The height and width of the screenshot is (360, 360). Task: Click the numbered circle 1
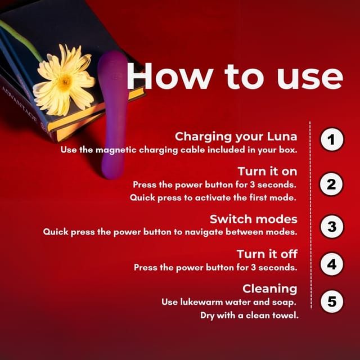tap(332, 139)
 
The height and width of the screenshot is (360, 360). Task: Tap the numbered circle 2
tap(331, 184)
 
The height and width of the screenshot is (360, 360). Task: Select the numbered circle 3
tap(332, 226)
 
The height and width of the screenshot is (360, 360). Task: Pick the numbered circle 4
tap(332, 264)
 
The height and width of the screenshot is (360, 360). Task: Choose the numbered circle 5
tap(332, 301)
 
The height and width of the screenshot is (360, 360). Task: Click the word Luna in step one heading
tap(282, 136)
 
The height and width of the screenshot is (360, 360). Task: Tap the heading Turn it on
tap(267, 171)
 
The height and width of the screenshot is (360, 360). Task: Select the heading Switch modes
tap(254, 219)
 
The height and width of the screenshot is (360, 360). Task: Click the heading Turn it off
tap(267, 254)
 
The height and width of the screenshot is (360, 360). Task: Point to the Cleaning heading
tap(270, 289)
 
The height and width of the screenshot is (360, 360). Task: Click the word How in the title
tap(170, 76)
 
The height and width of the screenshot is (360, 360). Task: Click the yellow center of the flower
tap(65, 82)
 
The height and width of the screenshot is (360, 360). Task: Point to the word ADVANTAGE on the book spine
tap(19, 104)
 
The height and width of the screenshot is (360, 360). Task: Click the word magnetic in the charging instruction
tap(116, 150)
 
